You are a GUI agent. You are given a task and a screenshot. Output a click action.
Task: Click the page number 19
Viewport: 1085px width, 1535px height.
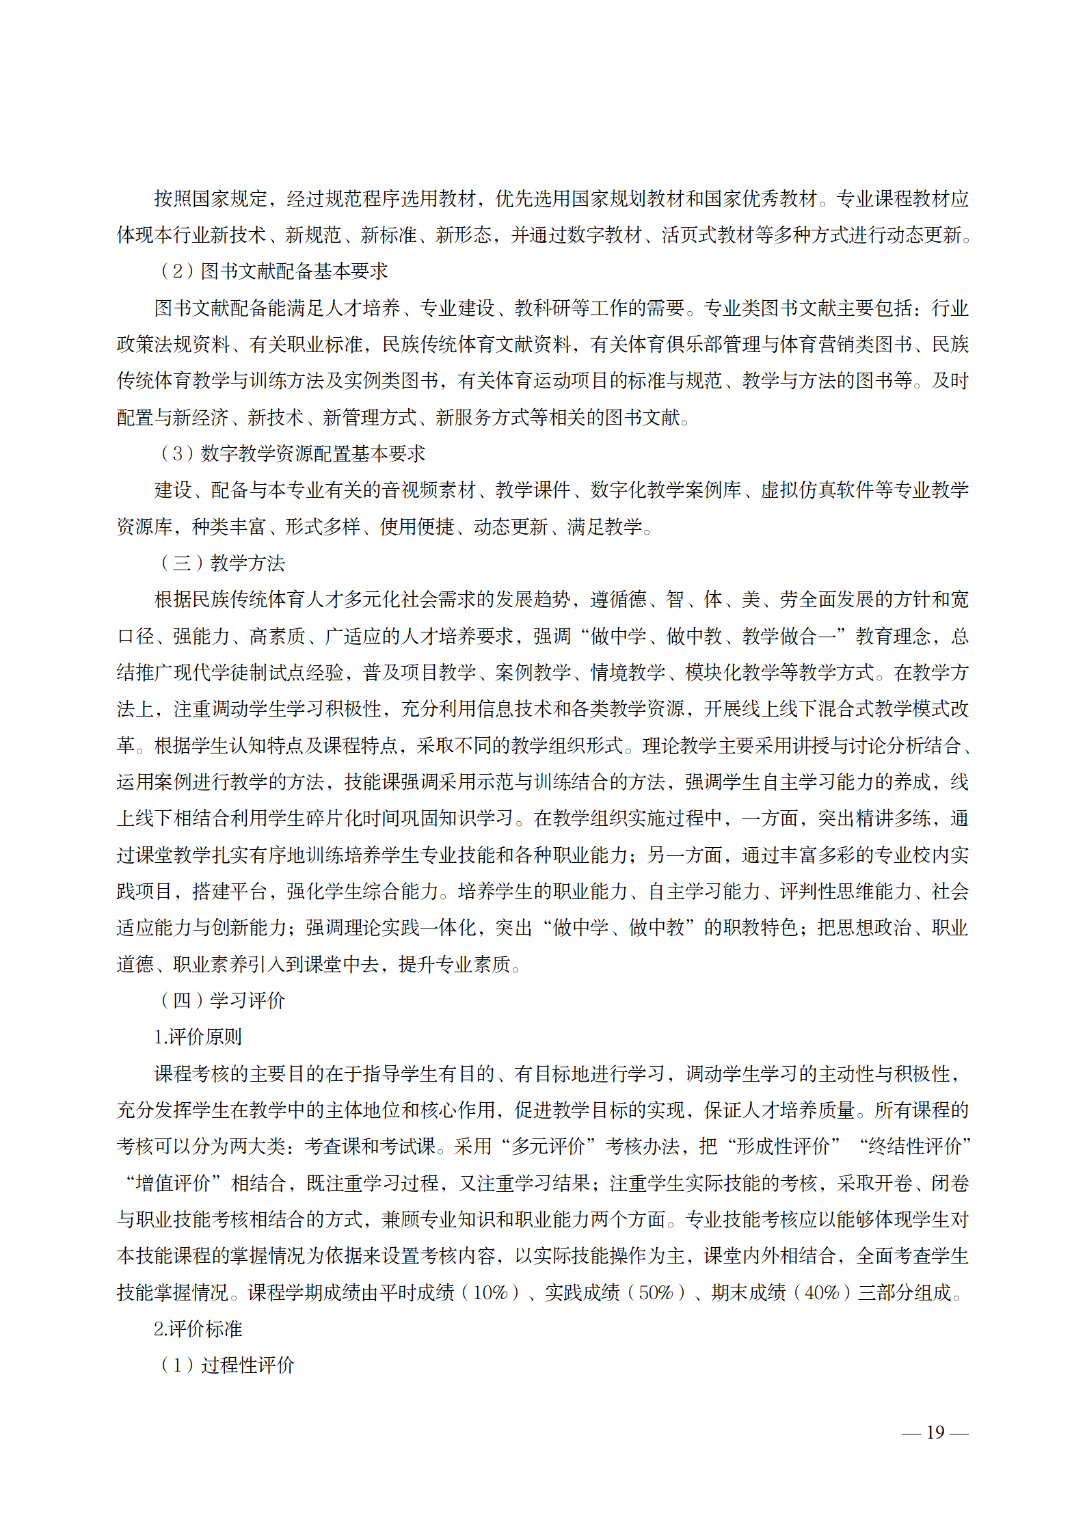pos(935,1431)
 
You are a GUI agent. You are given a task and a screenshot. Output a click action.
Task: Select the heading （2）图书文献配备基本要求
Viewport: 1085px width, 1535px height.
pos(273,271)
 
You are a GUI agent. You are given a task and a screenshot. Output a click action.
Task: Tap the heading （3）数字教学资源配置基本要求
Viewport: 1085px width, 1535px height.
pos(292,453)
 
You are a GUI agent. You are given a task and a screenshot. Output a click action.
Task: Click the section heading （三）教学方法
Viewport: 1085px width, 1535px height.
pos(222,563)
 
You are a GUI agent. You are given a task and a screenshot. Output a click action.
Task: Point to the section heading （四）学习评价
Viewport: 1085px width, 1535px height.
pos(222,1000)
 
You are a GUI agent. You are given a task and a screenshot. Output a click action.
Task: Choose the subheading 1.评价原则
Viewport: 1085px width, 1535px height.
pos(198,1037)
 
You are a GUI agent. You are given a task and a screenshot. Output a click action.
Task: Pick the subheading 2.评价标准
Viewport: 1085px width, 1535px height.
pos(198,1329)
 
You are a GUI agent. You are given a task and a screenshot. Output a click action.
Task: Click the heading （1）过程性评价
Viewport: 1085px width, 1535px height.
pos(226,1365)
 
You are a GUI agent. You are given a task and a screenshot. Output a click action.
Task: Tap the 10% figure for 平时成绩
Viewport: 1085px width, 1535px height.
pos(490,1292)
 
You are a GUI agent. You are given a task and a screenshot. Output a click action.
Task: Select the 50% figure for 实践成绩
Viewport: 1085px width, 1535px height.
pos(656,1292)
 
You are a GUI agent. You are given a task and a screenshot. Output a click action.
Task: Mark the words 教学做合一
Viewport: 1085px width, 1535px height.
pos(788,637)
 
